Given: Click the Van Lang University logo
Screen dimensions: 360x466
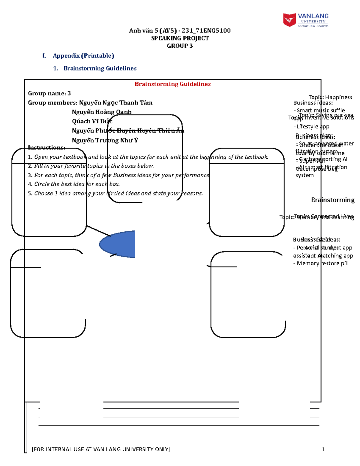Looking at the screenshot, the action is [x=305, y=20].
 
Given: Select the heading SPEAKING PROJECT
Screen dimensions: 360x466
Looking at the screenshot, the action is [x=180, y=38].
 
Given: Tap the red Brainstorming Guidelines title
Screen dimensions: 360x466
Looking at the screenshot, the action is [x=172, y=84].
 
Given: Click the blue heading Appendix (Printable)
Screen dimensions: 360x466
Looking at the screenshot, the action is [x=83, y=56].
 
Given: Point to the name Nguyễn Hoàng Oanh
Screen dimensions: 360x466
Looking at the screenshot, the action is [x=102, y=112].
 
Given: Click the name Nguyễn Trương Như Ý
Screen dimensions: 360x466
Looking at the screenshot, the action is [x=105, y=140].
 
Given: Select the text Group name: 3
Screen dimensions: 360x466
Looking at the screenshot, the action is [x=49, y=93].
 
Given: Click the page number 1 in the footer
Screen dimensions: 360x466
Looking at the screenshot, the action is [x=323, y=449].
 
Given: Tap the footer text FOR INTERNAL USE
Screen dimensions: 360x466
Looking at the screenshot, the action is [x=101, y=449].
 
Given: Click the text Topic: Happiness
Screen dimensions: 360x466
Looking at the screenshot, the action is [x=330, y=97].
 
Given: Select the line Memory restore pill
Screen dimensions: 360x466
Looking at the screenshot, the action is [x=321, y=263].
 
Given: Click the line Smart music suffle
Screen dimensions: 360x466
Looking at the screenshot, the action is [x=319, y=110].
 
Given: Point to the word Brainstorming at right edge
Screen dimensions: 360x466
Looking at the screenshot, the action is [x=332, y=200].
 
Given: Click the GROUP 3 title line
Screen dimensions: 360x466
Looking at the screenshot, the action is [x=180, y=46].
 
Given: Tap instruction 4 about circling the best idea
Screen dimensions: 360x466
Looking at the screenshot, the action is [x=74, y=184].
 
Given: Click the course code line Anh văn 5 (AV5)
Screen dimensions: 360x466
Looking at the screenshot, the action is [x=180, y=31].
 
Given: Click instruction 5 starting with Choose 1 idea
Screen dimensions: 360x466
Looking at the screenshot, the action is [x=115, y=193].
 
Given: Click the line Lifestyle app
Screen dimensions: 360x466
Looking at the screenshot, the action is [x=312, y=126].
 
